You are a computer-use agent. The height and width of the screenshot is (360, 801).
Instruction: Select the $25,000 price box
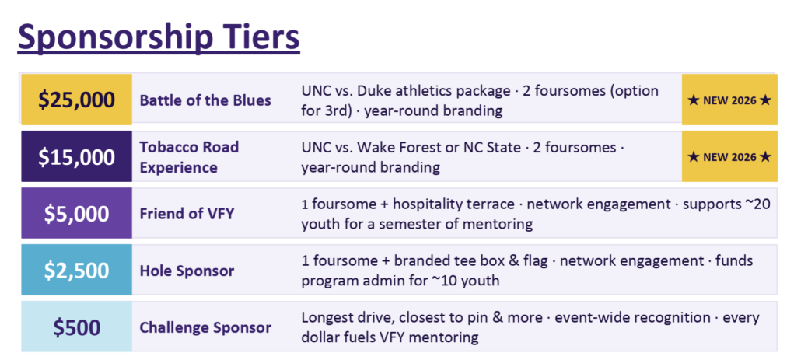[77, 100]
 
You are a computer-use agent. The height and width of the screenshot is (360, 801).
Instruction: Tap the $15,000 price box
[77, 156]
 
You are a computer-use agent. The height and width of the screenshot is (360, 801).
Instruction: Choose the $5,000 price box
[77, 213]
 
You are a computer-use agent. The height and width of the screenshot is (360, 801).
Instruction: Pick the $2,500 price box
[77, 270]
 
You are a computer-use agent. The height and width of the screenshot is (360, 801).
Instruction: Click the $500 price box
[77, 327]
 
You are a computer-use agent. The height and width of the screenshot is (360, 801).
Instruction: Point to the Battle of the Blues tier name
[205, 100]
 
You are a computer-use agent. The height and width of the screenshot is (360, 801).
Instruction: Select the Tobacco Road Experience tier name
[189, 157]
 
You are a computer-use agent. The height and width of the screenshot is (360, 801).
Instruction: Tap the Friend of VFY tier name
[187, 214]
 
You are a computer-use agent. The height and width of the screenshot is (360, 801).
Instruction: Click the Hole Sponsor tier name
[187, 271]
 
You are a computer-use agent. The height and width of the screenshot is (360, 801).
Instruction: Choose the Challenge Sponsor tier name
[205, 327]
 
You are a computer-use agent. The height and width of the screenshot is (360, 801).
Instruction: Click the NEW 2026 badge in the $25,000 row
[729, 100]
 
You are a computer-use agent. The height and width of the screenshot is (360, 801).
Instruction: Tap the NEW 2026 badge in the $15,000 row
[729, 156]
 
